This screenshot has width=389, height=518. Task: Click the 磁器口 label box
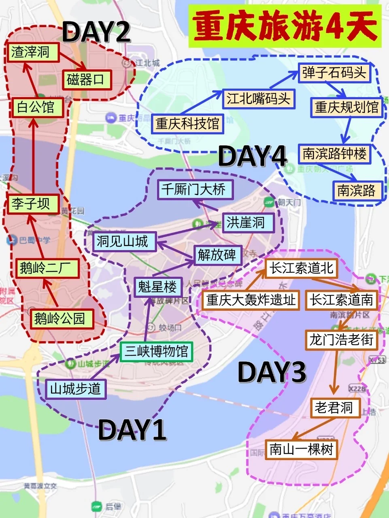(x=86, y=80)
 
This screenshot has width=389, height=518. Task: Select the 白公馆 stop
(x=36, y=107)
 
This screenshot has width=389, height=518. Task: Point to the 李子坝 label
(x=31, y=204)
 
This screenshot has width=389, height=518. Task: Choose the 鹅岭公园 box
(x=60, y=318)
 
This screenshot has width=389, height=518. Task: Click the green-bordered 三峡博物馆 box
(x=156, y=351)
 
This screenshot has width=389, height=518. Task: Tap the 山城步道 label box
(x=75, y=389)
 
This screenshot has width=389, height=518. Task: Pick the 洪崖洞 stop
(x=246, y=222)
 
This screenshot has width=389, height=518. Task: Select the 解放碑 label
(x=217, y=255)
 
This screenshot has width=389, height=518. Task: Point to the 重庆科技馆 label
(x=187, y=123)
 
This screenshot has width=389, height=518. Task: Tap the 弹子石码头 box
(x=334, y=73)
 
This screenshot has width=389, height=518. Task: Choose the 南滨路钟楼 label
(x=335, y=154)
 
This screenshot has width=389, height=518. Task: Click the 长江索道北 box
(x=301, y=267)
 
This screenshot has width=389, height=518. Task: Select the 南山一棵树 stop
(x=301, y=449)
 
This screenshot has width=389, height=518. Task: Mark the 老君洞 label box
(x=334, y=408)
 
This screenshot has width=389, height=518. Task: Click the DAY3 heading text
(x=272, y=372)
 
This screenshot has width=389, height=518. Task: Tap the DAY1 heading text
(x=132, y=429)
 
